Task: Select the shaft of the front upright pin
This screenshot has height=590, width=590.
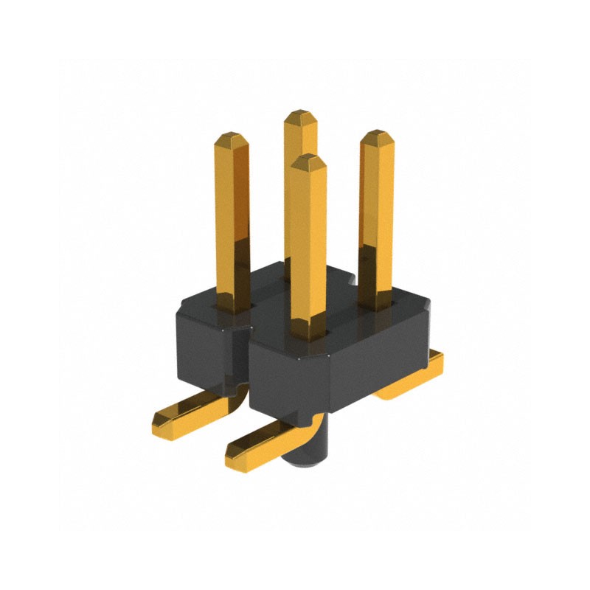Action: (x=308, y=243)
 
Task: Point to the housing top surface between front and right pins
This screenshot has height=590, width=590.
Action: (x=347, y=310)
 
